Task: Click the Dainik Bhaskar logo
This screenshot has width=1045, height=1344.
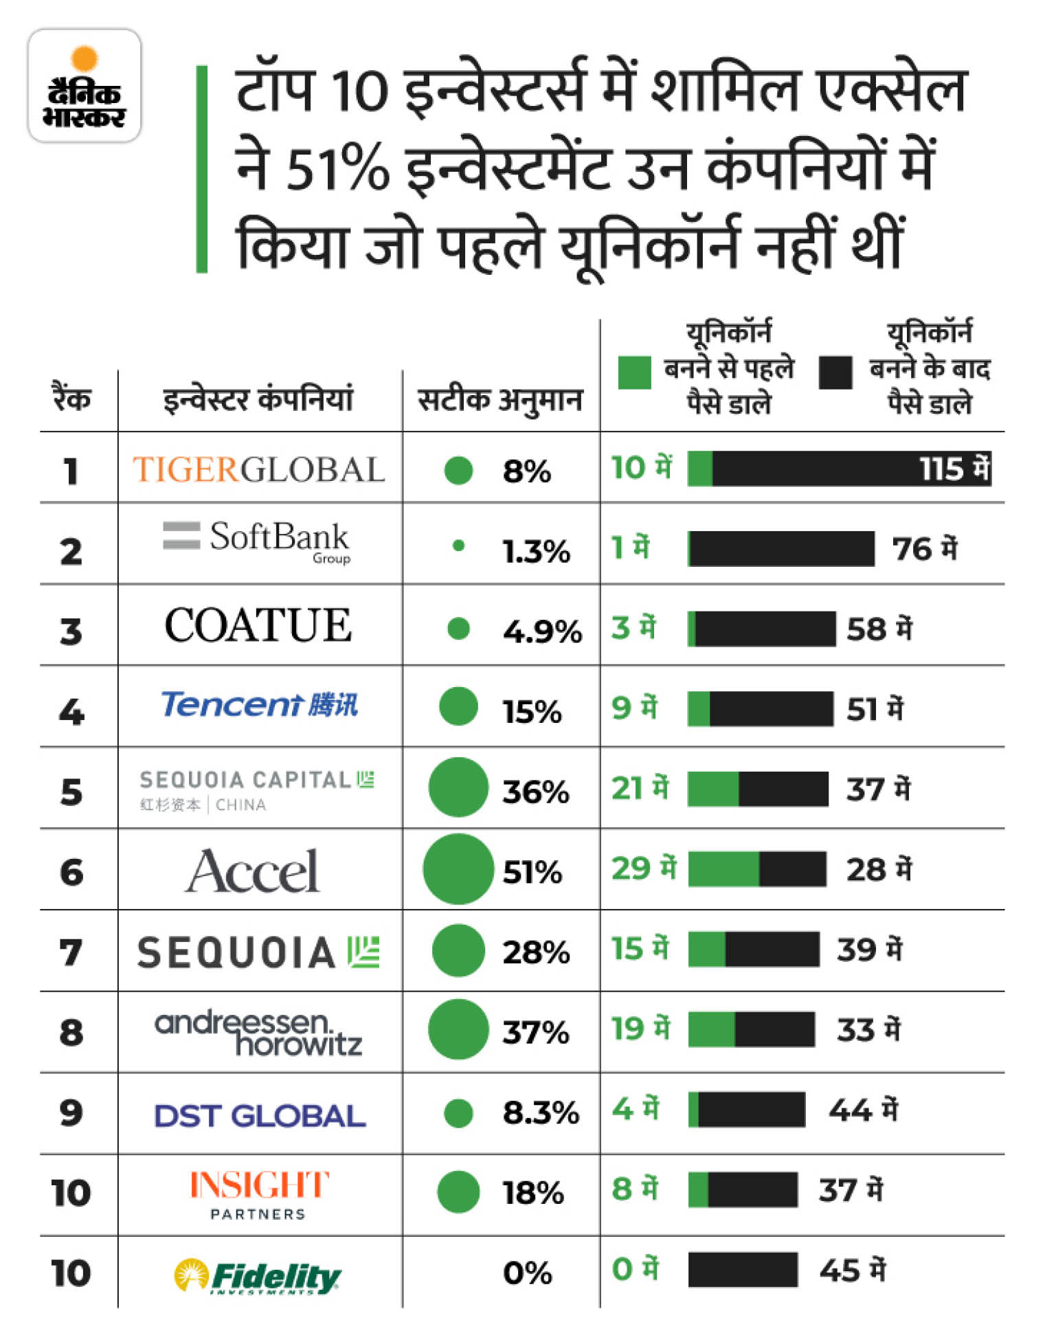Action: click(x=85, y=86)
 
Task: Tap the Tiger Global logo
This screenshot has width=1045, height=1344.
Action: click(x=258, y=470)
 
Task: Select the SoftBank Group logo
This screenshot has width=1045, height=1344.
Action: click(x=258, y=541)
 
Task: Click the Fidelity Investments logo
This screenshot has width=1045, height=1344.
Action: click(x=258, y=1277)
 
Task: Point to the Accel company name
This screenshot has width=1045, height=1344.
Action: click(x=253, y=871)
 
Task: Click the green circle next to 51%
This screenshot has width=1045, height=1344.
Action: click(x=458, y=869)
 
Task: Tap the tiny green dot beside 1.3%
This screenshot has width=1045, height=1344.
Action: click(x=458, y=546)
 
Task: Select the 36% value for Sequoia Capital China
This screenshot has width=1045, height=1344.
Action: click(x=535, y=792)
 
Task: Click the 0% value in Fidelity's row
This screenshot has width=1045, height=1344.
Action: click(x=527, y=1273)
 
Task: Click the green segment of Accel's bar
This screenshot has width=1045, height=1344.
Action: click(x=723, y=869)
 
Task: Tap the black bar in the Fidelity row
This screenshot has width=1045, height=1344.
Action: click(x=743, y=1270)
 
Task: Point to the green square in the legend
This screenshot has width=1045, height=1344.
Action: click(x=634, y=372)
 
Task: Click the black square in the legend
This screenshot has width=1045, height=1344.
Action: click(x=835, y=372)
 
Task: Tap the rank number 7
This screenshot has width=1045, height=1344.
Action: click(x=71, y=952)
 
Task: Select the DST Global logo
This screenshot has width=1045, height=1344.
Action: click(x=259, y=1116)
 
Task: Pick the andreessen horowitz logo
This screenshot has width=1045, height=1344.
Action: click(x=258, y=1033)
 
